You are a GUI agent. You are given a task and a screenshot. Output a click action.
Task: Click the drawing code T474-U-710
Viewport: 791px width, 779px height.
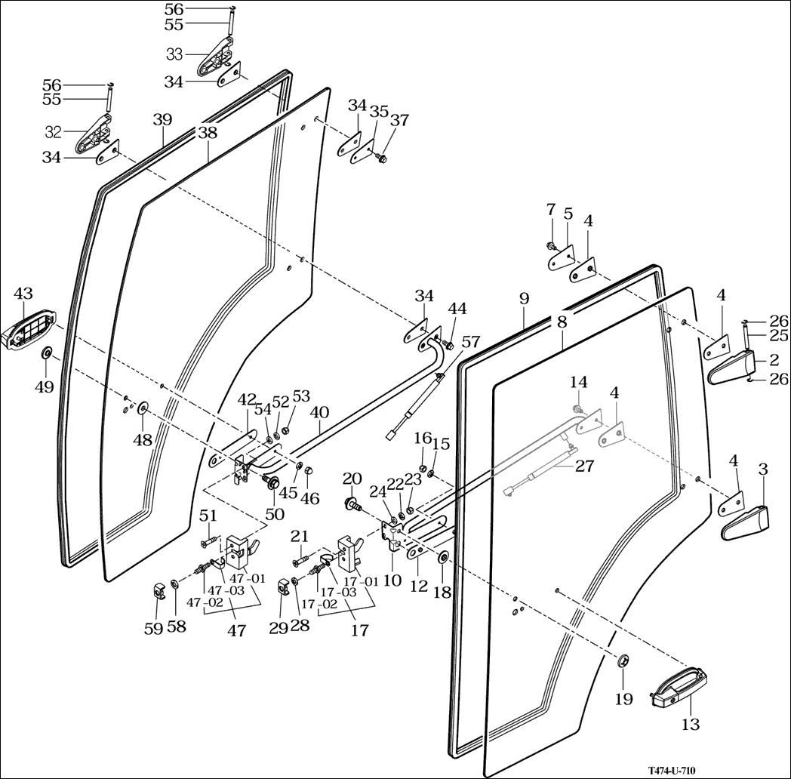pyautogui.click(x=671, y=770)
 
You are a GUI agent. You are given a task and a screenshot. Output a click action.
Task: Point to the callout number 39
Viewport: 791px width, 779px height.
pyautogui.click(x=162, y=119)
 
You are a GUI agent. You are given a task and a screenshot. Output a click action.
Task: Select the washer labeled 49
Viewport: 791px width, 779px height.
pyautogui.click(x=46, y=353)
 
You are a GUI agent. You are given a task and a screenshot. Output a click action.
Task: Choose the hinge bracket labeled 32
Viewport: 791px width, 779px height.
pyautogui.click(x=96, y=134)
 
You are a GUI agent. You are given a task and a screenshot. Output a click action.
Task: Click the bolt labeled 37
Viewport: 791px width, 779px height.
pyautogui.click(x=380, y=159)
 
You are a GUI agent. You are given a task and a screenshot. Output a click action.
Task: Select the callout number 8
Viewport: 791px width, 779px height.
pyautogui.click(x=561, y=322)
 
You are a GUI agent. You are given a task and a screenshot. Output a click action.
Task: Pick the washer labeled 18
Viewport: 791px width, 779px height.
pyautogui.click(x=442, y=558)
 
